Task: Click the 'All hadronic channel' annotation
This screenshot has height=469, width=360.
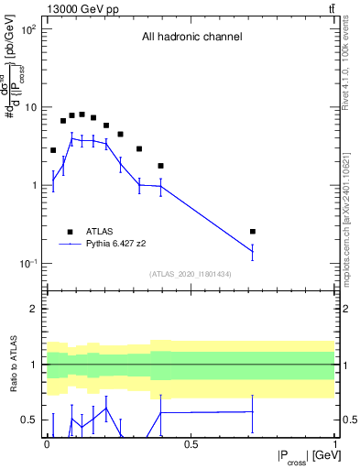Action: (x=191, y=38)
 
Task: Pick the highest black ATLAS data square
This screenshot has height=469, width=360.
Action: (x=82, y=115)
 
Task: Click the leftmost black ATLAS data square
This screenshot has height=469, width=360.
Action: (x=53, y=150)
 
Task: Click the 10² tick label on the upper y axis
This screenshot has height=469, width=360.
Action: (x=29, y=29)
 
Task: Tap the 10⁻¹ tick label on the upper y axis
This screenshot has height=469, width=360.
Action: (x=29, y=264)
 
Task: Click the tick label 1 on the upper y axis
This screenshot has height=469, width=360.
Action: (x=36, y=186)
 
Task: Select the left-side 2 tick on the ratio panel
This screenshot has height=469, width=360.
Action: (x=37, y=309)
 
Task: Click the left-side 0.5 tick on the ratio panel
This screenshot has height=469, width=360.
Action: (x=31, y=420)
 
